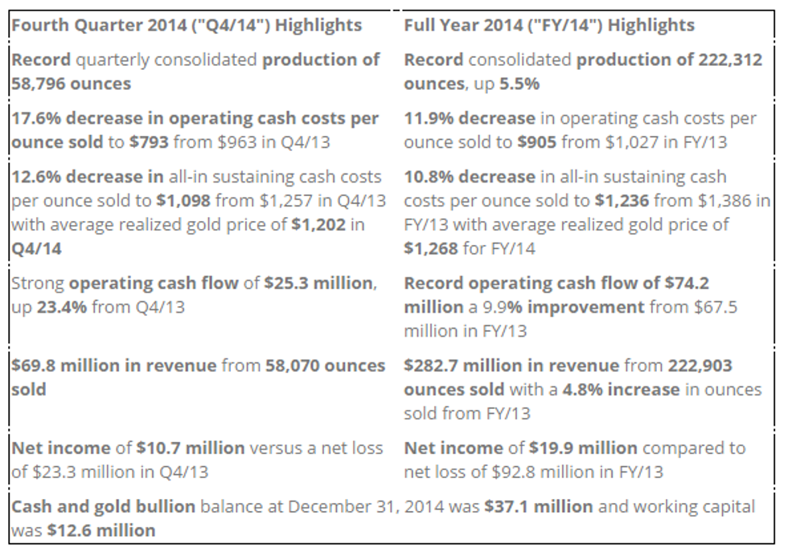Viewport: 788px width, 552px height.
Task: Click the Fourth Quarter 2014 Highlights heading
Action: point(186,24)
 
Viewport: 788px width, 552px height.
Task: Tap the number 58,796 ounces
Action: point(71,83)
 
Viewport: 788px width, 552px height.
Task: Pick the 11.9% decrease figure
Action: point(469,119)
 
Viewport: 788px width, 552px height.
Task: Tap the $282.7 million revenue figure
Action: point(462,366)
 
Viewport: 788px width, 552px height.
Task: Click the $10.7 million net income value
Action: point(171,448)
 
